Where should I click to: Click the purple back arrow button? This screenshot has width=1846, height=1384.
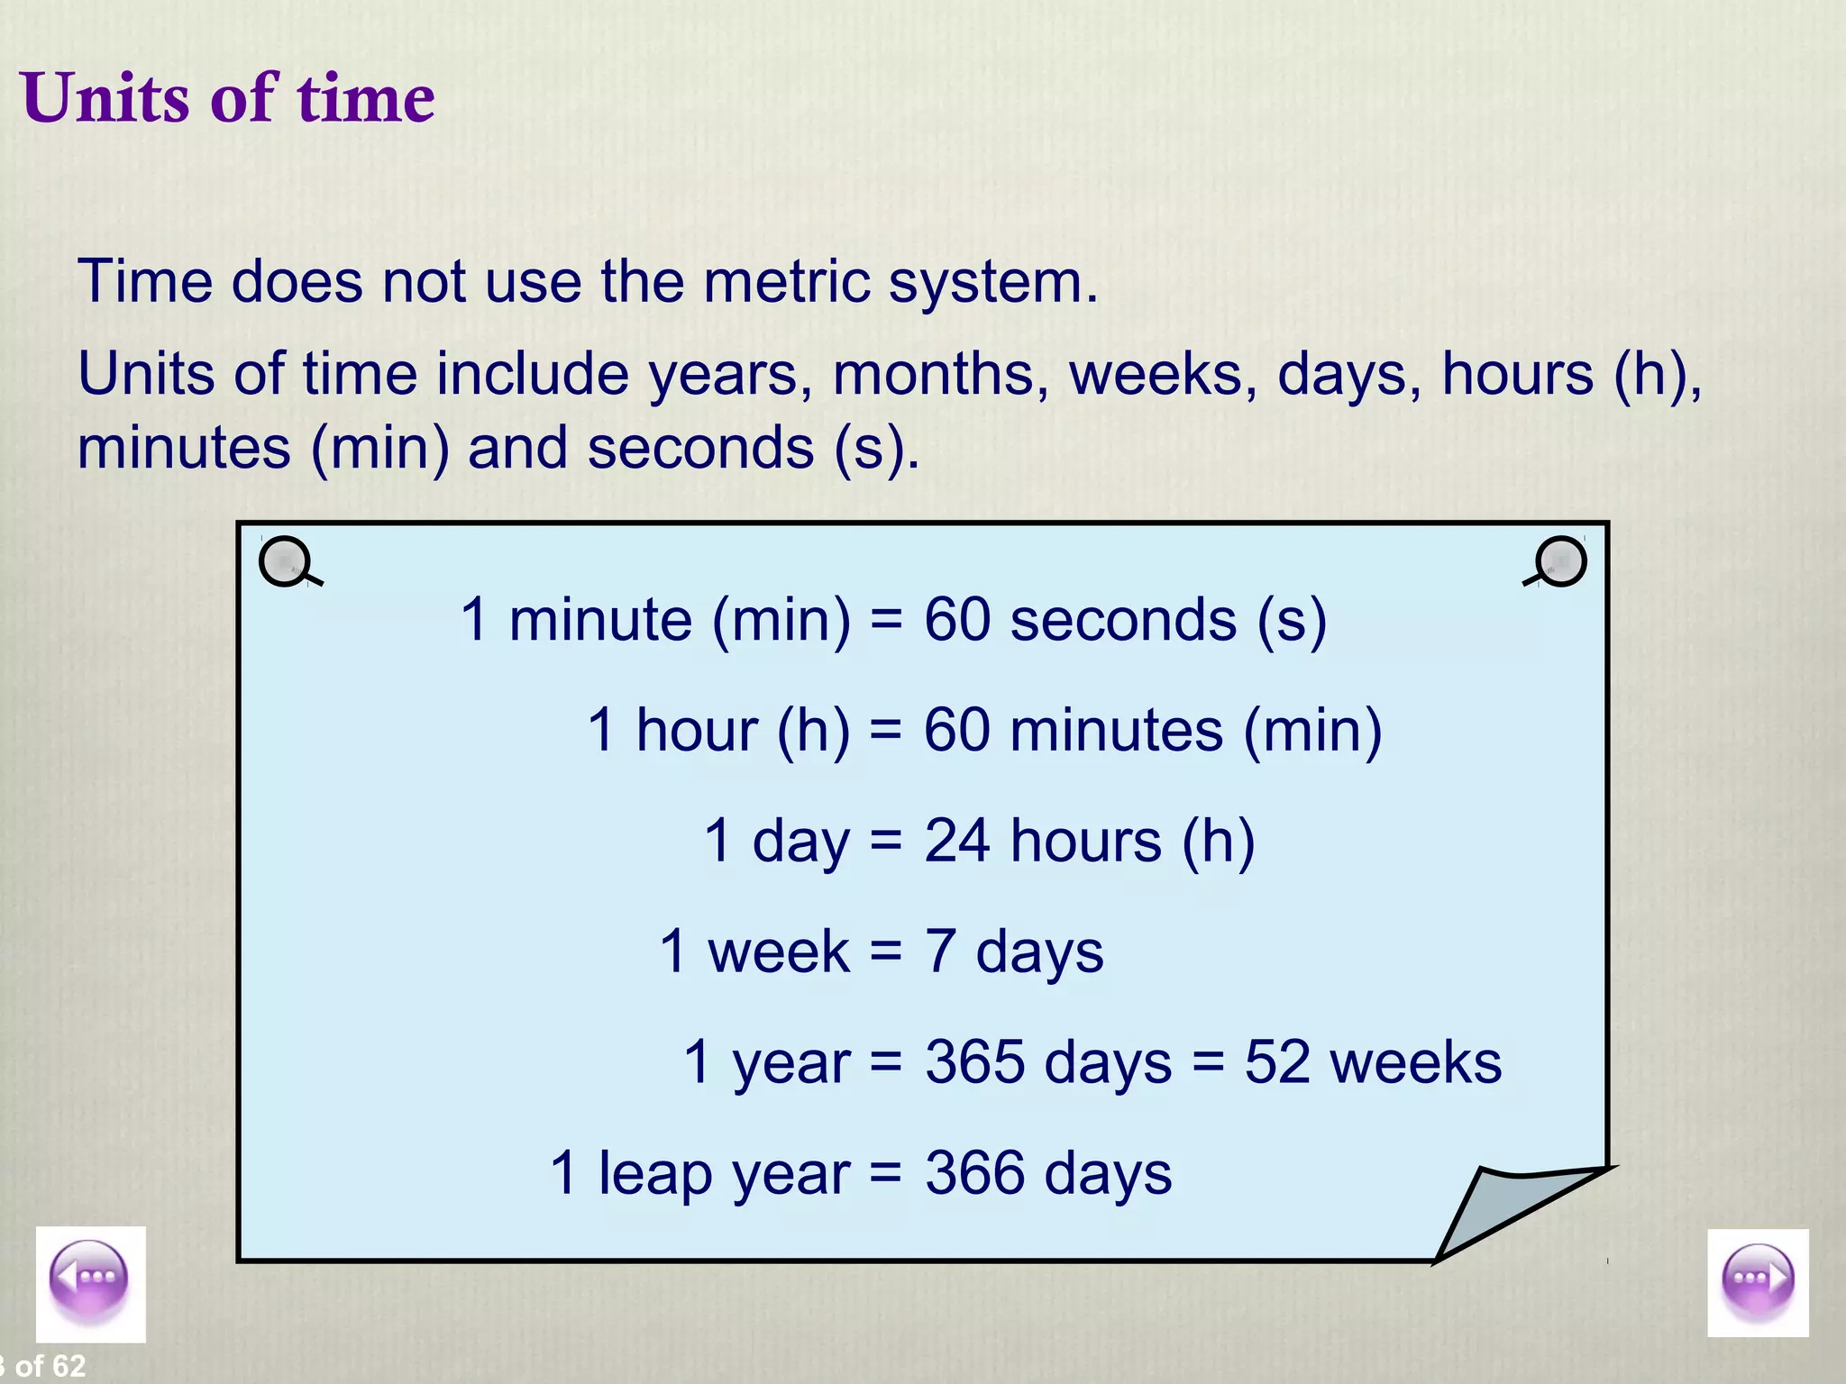[89, 1281]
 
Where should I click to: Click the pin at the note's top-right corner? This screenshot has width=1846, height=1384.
[1559, 561]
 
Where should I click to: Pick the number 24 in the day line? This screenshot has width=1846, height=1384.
[957, 841]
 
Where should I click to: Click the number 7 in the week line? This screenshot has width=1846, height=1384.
[940, 951]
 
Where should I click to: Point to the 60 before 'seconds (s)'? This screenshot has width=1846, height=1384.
[957, 620]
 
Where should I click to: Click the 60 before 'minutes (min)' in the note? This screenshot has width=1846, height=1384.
[957, 730]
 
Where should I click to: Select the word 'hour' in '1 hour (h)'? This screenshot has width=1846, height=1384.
[697, 730]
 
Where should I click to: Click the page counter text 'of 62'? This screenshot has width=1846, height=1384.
[50, 1366]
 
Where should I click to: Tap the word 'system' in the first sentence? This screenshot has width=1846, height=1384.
[992, 283]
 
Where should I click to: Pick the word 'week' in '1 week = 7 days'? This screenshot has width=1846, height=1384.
[778, 951]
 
